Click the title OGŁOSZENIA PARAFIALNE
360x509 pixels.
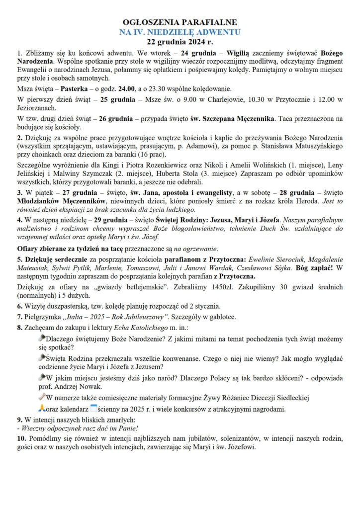(180, 22)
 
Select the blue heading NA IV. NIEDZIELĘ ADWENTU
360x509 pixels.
(180, 32)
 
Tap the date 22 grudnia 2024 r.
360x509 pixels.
(180, 41)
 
